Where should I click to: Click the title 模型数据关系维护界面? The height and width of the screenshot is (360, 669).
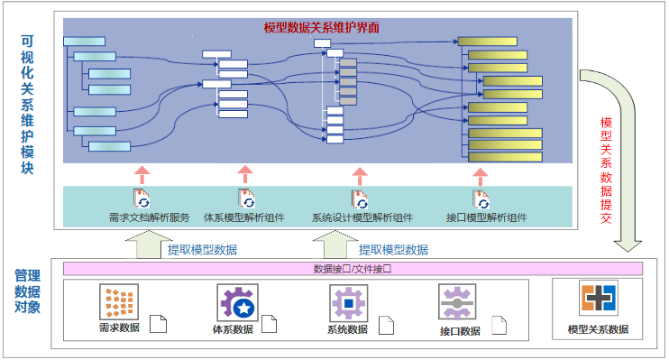(x=321, y=28)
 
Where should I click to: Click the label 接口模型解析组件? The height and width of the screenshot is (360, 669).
(x=486, y=217)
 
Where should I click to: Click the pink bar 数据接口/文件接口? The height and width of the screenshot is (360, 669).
(x=352, y=269)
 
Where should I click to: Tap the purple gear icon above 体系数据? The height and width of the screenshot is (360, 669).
(x=235, y=302)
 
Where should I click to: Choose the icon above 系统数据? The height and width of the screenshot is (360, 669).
(x=347, y=302)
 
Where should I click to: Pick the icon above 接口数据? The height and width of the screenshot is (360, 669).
(x=457, y=302)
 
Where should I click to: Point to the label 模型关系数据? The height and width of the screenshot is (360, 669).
(x=598, y=329)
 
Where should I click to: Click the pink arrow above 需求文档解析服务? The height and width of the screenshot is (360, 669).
(x=140, y=174)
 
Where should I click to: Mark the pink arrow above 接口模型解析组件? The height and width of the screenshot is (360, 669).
(x=481, y=174)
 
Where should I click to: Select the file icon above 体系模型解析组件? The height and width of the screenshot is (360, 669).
(x=246, y=198)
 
